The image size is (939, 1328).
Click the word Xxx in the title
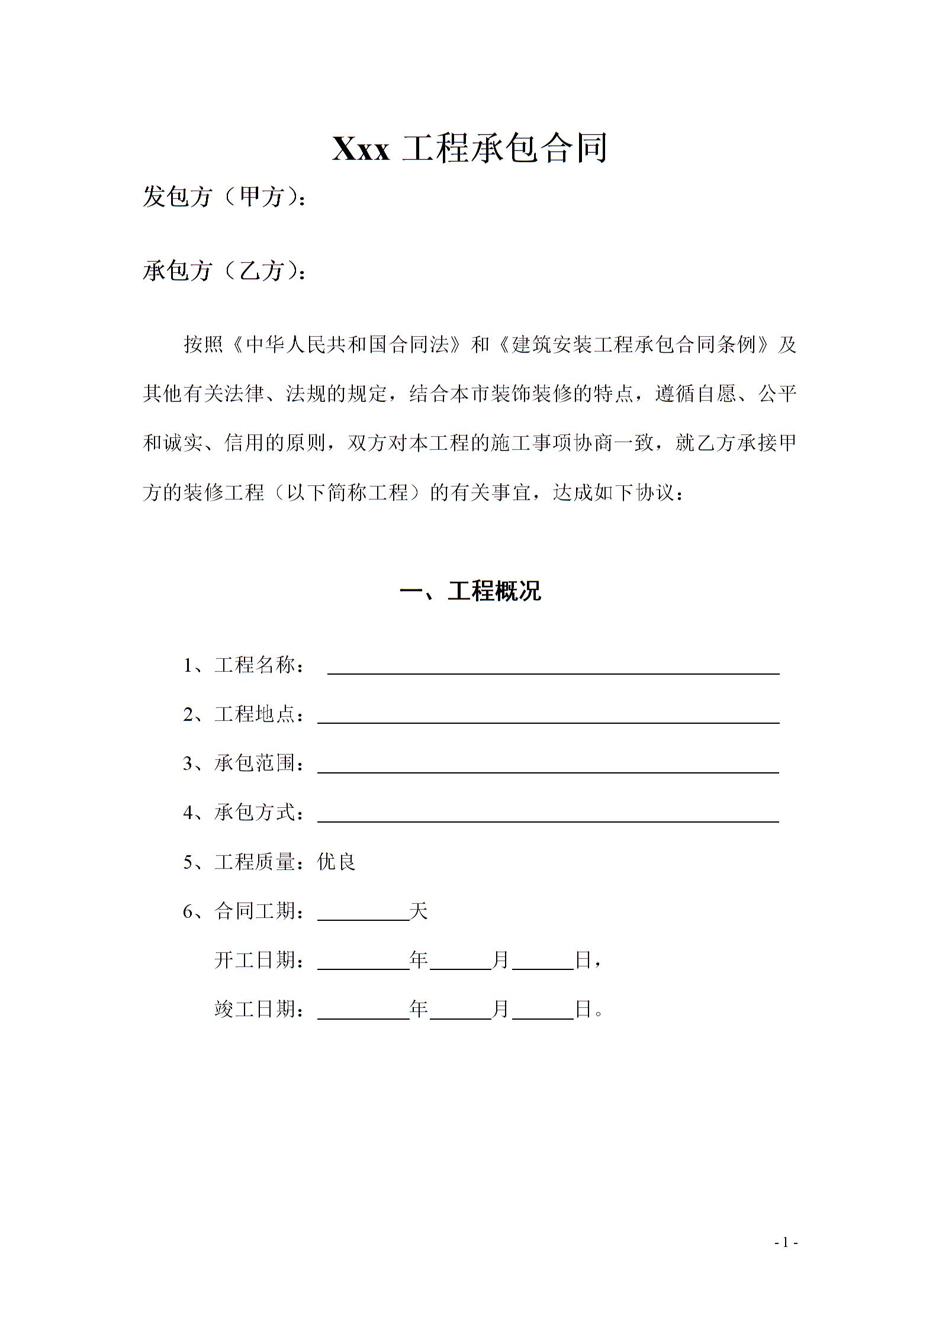pyautogui.click(x=361, y=149)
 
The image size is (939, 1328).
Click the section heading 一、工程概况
pyautogui.click(x=470, y=591)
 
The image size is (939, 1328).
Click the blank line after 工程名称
pyautogui.click(x=553, y=669)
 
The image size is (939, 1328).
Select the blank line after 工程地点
pyautogui.click(x=548, y=718)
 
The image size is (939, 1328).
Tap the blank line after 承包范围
pyautogui.click(x=548, y=767)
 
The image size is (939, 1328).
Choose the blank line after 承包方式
pyautogui.click(x=548, y=816)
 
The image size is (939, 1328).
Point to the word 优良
pyautogui.click(x=336, y=862)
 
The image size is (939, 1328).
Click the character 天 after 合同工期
pyautogui.click(x=419, y=911)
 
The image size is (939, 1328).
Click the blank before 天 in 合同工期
pyautogui.click(x=363, y=915)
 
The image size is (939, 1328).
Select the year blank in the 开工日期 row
pyautogui.click(x=363, y=964)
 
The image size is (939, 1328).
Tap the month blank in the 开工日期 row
pyautogui.click(x=461, y=964)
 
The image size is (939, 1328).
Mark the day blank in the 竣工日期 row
pyautogui.click(x=543, y=1013)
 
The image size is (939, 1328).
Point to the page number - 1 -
pyautogui.click(x=787, y=1243)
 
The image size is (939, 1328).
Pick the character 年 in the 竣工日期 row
pyautogui.click(x=419, y=1009)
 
